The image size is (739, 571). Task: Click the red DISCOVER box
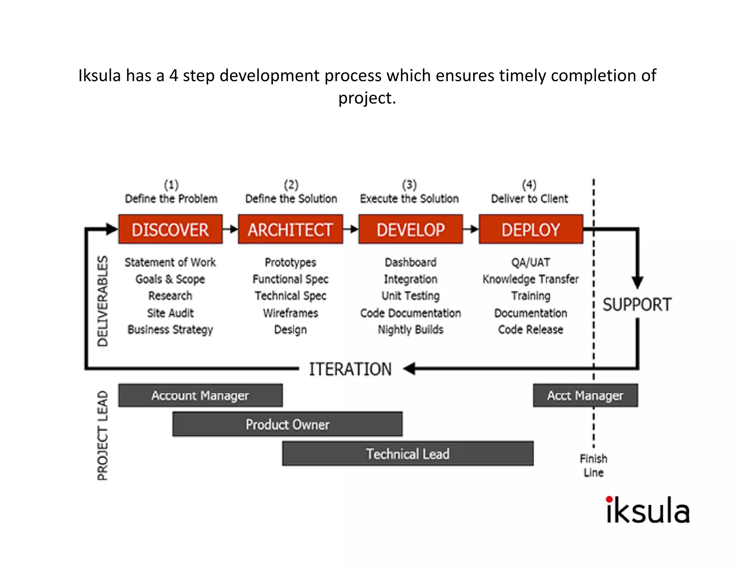point(170,230)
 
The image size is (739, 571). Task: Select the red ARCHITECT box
point(290,230)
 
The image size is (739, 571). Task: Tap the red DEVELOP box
point(411,230)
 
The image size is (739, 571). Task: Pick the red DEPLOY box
point(531,230)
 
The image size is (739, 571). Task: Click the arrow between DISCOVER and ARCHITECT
point(230,229)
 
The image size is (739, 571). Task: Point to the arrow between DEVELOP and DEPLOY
point(471,229)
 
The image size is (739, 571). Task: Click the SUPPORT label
point(637,305)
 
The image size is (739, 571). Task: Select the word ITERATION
point(350,369)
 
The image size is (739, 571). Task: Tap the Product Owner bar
point(287,424)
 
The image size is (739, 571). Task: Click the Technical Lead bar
point(408,454)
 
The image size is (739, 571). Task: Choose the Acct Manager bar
point(585,396)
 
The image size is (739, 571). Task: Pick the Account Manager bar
point(200,396)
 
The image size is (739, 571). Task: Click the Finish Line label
point(594,465)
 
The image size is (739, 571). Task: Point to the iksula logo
point(648,510)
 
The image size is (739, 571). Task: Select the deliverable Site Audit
point(170,313)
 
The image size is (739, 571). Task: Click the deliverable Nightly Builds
point(411,330)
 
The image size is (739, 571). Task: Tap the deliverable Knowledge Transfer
point(530,279)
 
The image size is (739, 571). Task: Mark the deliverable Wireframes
point(290,313)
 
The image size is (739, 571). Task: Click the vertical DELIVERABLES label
point(103,301)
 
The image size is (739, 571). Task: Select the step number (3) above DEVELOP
point(410,185)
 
